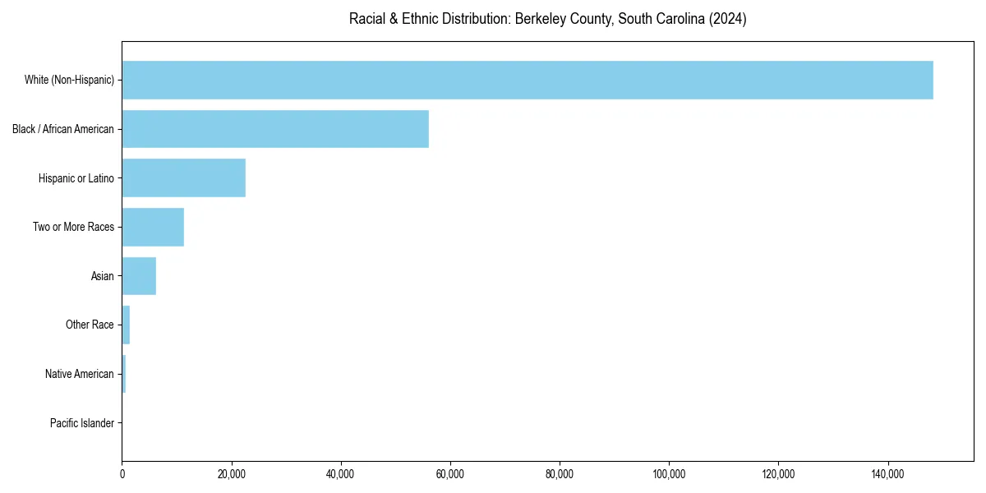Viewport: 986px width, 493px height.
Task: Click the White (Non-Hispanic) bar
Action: tap(527, 80)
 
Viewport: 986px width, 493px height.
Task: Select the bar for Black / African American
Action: tap(275, 129)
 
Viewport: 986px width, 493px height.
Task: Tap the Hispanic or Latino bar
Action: tap(183, 177)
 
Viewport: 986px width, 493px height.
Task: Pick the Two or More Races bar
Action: tap(153, 227)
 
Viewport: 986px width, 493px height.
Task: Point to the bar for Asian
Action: tap(139, 276)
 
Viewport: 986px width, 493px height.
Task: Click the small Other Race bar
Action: tap(126, 325)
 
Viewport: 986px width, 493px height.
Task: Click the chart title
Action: tap(547, 19)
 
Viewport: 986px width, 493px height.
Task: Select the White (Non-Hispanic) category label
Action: tap(69, 80)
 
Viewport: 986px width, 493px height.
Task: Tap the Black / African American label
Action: tap(63, 129)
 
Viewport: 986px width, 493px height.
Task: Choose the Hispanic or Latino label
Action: tap(76, 177)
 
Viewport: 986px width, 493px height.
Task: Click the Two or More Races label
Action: tap(74, 227)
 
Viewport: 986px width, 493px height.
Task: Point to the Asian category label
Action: tap(103, 276)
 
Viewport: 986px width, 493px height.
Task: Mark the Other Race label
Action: tap(90, 325)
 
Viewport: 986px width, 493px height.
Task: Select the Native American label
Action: tap(80, 374)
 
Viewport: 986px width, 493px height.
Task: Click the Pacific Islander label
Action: tap(82, 423)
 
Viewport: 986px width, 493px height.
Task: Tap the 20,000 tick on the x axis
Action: tap(232, 474)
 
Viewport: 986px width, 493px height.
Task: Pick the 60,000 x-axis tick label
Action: tap(450, 474)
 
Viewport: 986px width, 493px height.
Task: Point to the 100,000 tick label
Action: tap(669, 474)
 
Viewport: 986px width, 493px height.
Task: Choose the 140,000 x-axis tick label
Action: tap(887, 474)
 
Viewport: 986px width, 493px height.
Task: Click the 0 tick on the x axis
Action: tap(122, 474)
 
